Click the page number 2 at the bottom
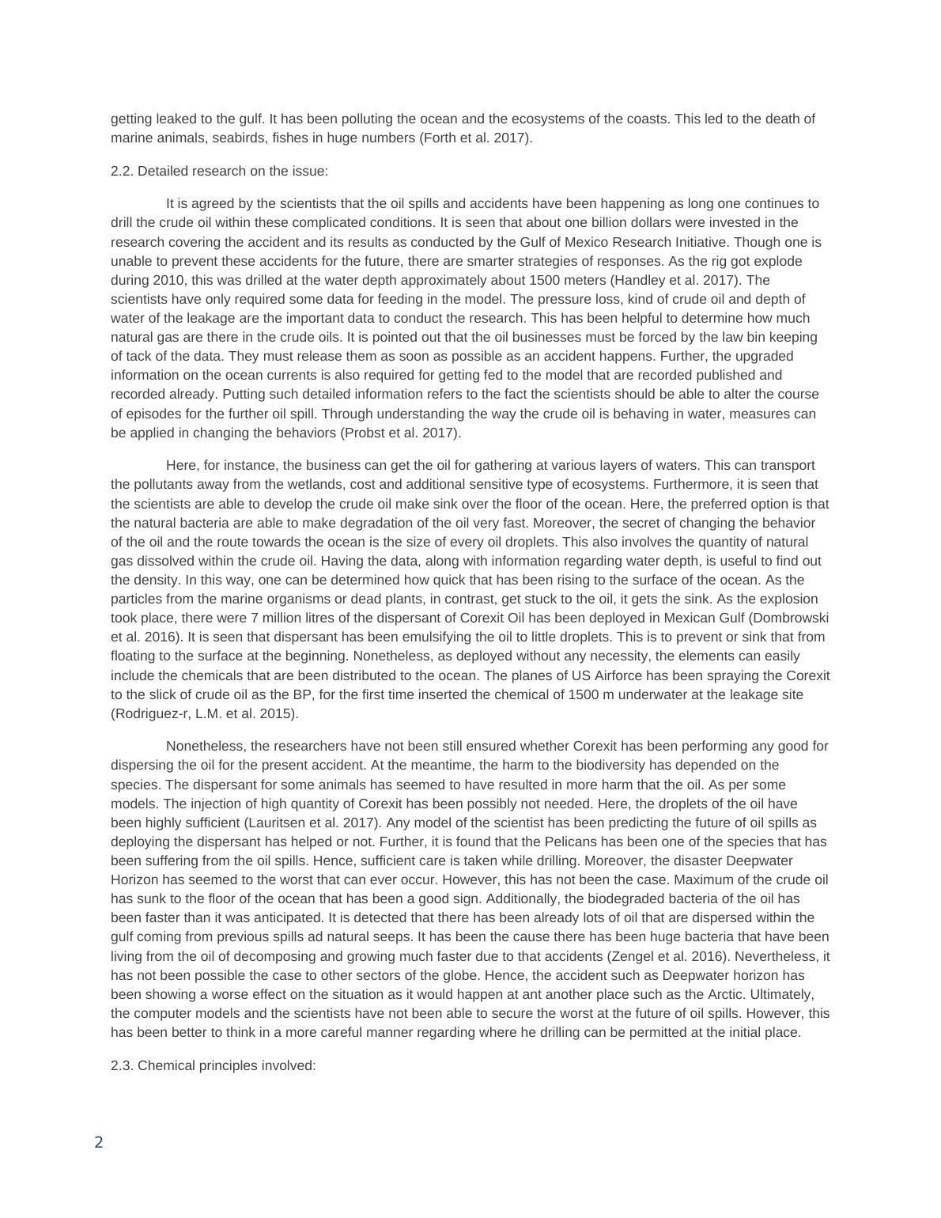pyautogui.click(x=99, y=1142)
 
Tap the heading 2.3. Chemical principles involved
pyautogui.click(x=214, y=1065)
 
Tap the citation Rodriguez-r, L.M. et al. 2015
pyautogui.click(x=204, y=713)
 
